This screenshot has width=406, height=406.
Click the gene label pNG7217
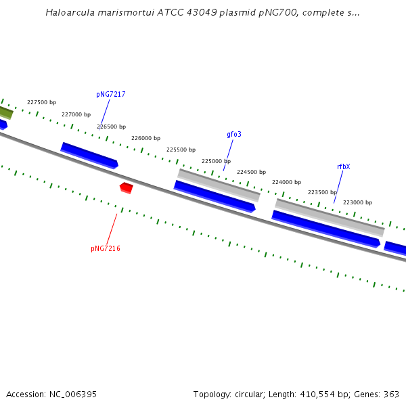[x=110, y=95]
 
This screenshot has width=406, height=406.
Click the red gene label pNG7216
[x=106, y=249]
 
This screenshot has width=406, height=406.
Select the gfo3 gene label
[x=234, y=135]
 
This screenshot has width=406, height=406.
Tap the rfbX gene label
[x=343, y=166]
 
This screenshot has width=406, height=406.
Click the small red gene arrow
[x=126, y=187]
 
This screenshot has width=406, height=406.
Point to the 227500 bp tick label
[x=41, y=103]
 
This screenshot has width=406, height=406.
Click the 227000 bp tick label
[x=76, y=115]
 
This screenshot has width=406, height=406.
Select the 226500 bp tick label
[x=111, y=127]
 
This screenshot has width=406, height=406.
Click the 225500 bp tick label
[x=181, y=150]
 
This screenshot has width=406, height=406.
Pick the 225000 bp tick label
[x=216, y=161]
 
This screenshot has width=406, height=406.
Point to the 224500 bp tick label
[x=251, y=173]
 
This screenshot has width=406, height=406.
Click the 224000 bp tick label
[x=286, y=182]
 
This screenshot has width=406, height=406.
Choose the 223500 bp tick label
[x=322, y=192]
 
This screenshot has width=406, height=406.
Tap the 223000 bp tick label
[x=357, y=202]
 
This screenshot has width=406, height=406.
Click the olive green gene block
[x=5, y=112]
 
